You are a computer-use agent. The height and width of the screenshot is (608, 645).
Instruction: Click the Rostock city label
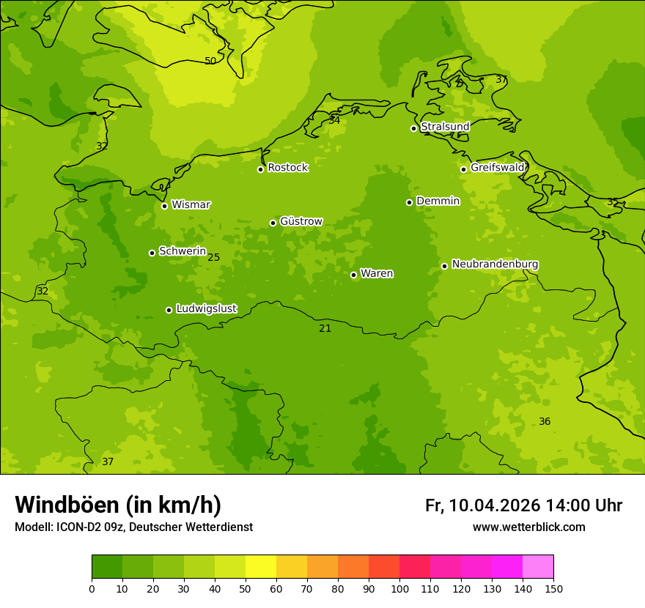coord(287,168)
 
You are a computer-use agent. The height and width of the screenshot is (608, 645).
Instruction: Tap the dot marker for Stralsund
coord(413,128)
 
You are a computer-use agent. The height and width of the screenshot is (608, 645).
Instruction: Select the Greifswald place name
coord(497,168)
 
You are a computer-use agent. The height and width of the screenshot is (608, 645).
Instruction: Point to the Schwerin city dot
coord(152,253)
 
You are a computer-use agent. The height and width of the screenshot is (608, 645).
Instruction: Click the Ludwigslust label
coord(206,309)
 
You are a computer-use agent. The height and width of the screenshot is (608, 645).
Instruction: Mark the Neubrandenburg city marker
coord(444,266)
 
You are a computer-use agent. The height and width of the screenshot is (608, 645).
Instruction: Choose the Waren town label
coord(377,274)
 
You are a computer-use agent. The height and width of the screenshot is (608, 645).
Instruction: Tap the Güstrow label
coord(301,221)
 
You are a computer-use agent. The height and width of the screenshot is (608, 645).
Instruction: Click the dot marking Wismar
coord(164,206)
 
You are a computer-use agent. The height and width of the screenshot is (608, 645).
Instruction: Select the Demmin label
coord(438,201)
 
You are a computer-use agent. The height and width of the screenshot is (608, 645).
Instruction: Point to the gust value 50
coord(210,61)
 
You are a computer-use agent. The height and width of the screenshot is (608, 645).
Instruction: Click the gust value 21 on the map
coord(325,329)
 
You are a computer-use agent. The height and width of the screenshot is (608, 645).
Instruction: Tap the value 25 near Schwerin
coord(213,257)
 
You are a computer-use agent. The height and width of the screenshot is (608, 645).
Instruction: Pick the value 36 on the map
coord(545,421)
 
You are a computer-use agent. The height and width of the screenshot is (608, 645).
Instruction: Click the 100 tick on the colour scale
coord(399,588)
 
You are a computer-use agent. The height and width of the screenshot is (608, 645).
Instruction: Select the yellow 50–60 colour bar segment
coord(261,567)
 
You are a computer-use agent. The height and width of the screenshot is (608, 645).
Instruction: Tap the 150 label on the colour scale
coord(553,588)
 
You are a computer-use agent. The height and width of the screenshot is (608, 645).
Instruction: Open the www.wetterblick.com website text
coord(528,527)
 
